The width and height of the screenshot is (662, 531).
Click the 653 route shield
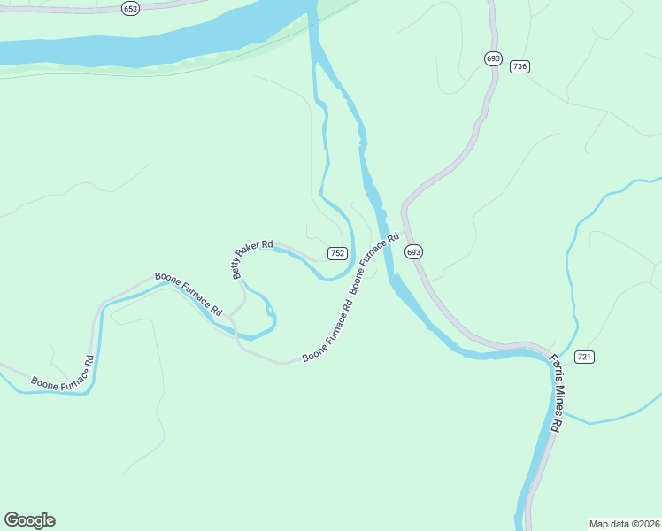tap(131, 8)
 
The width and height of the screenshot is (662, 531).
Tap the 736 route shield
tap(520, 66)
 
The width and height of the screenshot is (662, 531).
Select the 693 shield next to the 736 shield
tap(493, 58)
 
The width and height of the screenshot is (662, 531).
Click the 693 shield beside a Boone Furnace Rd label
tap(414, 252)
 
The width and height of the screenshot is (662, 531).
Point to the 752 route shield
tap(337, 253)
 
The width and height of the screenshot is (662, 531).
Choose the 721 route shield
tap(583, 357)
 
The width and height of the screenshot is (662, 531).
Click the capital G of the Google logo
tap(12, 520)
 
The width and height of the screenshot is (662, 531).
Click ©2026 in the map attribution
tap(644, 523)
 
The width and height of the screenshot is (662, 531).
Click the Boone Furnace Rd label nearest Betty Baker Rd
tap(189, 294)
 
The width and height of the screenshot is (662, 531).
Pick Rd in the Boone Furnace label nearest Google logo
tap(89, 362)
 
